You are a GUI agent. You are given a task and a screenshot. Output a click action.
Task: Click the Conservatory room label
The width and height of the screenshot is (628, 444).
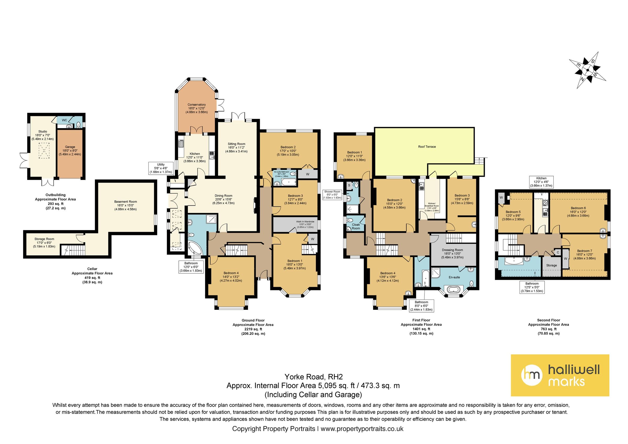click(197, 108)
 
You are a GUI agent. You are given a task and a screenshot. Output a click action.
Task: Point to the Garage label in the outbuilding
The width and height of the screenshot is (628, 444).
click(70, 151)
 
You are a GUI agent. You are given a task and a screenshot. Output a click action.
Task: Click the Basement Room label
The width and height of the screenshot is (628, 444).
click(125, 205)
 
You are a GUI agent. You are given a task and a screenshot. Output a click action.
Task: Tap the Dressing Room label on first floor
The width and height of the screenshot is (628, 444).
click(452, 254)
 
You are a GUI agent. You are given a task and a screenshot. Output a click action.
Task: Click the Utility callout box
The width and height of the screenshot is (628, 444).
click(161, 168)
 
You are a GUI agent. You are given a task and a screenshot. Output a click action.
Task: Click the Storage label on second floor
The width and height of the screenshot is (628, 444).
click(551, 265)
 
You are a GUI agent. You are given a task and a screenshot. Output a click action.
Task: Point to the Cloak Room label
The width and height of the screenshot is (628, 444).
click(356, 226)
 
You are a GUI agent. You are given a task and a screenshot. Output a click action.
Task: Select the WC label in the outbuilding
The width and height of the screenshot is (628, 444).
click(64, 120)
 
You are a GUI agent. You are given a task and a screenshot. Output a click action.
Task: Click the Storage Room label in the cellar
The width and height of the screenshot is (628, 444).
click(44, 243)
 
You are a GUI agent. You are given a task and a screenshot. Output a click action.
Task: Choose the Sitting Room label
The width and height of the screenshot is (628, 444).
click(236, 147)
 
